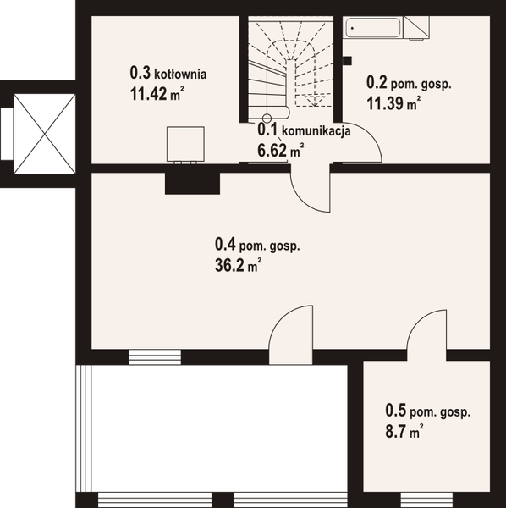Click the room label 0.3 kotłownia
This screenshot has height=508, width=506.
coord(168,74)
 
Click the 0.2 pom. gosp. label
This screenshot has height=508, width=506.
coord(409,84)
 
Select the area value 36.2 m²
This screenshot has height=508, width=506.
coord(238,265)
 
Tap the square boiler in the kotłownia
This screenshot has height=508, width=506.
coord(186,142)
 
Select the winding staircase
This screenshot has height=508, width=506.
coord(293,68)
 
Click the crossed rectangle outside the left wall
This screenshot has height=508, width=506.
coord(37,131)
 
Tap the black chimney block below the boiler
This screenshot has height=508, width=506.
coord(193,182)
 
